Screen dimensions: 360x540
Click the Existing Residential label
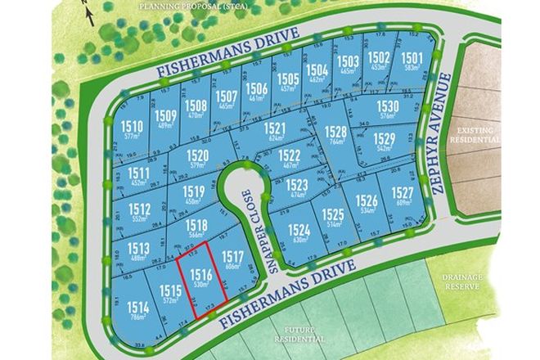click(479, 135)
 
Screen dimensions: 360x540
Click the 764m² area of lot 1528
click(335, 141)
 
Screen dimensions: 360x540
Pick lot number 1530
click(387, 106)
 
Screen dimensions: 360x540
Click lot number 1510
click(132, 126)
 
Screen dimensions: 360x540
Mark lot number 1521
click(274, 128)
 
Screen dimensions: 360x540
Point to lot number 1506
click(257, 88)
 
